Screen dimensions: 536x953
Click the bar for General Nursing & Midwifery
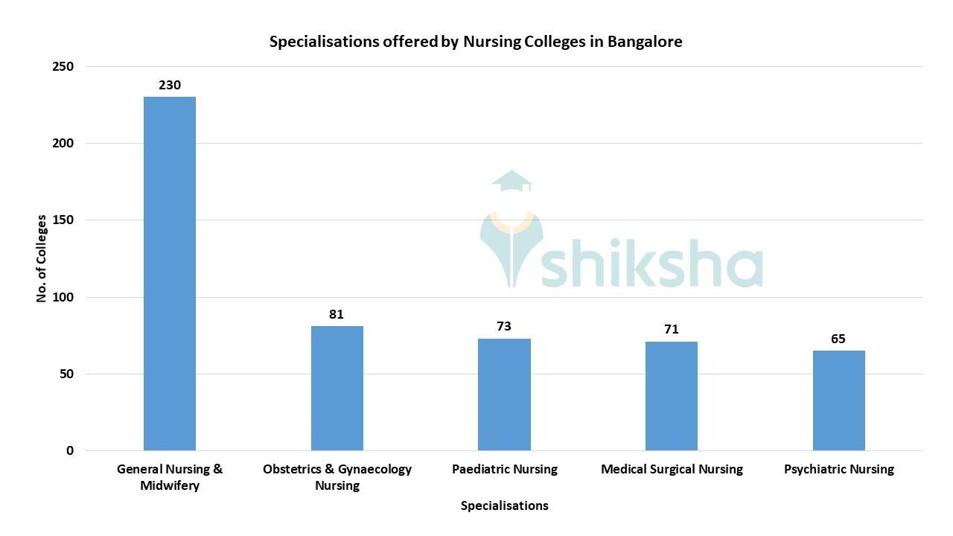[170, 273]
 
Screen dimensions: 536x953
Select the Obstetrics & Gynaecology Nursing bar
[337, 388]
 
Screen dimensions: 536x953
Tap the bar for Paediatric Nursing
[504, 395]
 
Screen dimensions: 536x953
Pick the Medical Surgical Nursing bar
[672, 396]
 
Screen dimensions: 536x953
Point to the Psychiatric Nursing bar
[839, 401]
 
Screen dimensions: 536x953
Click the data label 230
[170, 85]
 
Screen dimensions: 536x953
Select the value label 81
[337, 314]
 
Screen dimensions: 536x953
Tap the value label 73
[504, 326]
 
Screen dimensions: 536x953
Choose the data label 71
[672, 329]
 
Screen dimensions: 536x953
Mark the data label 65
[838, 339]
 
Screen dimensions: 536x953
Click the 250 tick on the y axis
[64, 66]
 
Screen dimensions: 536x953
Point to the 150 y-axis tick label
[64, 220]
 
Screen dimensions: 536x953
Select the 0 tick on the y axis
[70, 450]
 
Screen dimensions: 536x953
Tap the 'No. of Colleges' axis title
[42, 258]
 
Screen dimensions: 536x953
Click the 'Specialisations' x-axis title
[504, 505]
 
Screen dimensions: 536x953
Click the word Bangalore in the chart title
[645, 42]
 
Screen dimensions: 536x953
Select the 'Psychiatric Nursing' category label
[839, 469]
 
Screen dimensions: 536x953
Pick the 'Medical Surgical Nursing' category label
[672, 469]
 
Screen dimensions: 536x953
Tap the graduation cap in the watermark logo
[511, 181]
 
